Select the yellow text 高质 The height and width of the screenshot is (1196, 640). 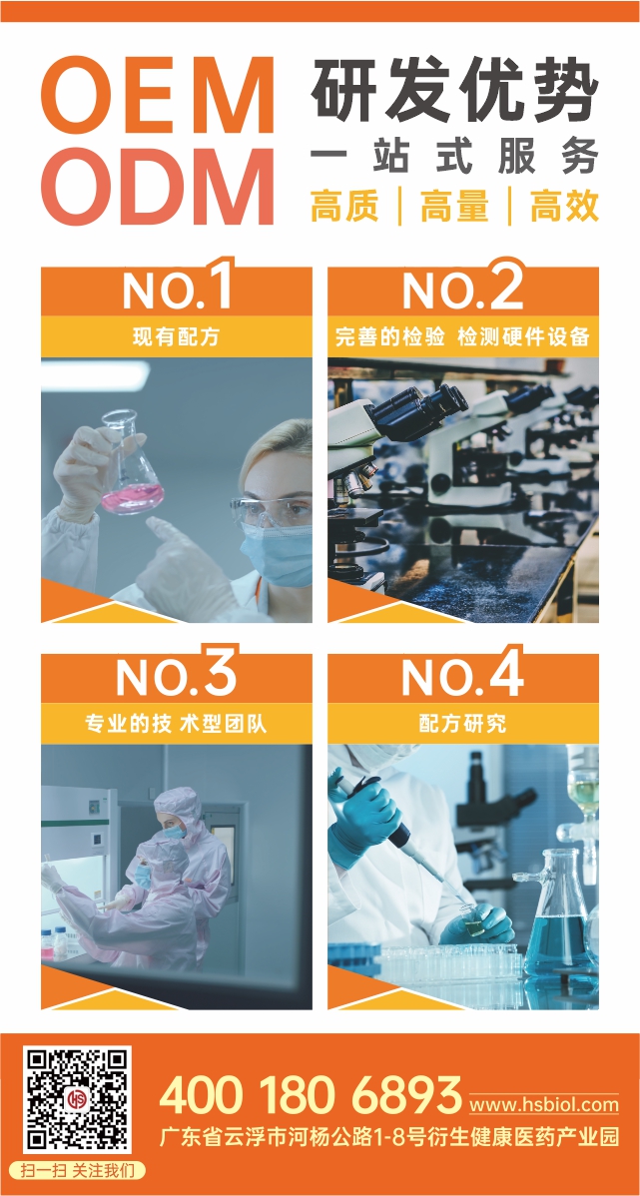(344, 207)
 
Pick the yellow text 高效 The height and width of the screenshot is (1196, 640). (564, 207)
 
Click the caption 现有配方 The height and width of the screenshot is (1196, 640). (176, 336)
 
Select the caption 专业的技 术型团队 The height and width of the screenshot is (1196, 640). (176, 723)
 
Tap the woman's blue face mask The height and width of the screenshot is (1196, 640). (277, 554)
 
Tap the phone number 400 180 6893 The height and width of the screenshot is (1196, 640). (311, 1096)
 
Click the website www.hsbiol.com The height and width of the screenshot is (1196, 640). (543, 1104)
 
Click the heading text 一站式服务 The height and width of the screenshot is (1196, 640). (454, 159)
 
